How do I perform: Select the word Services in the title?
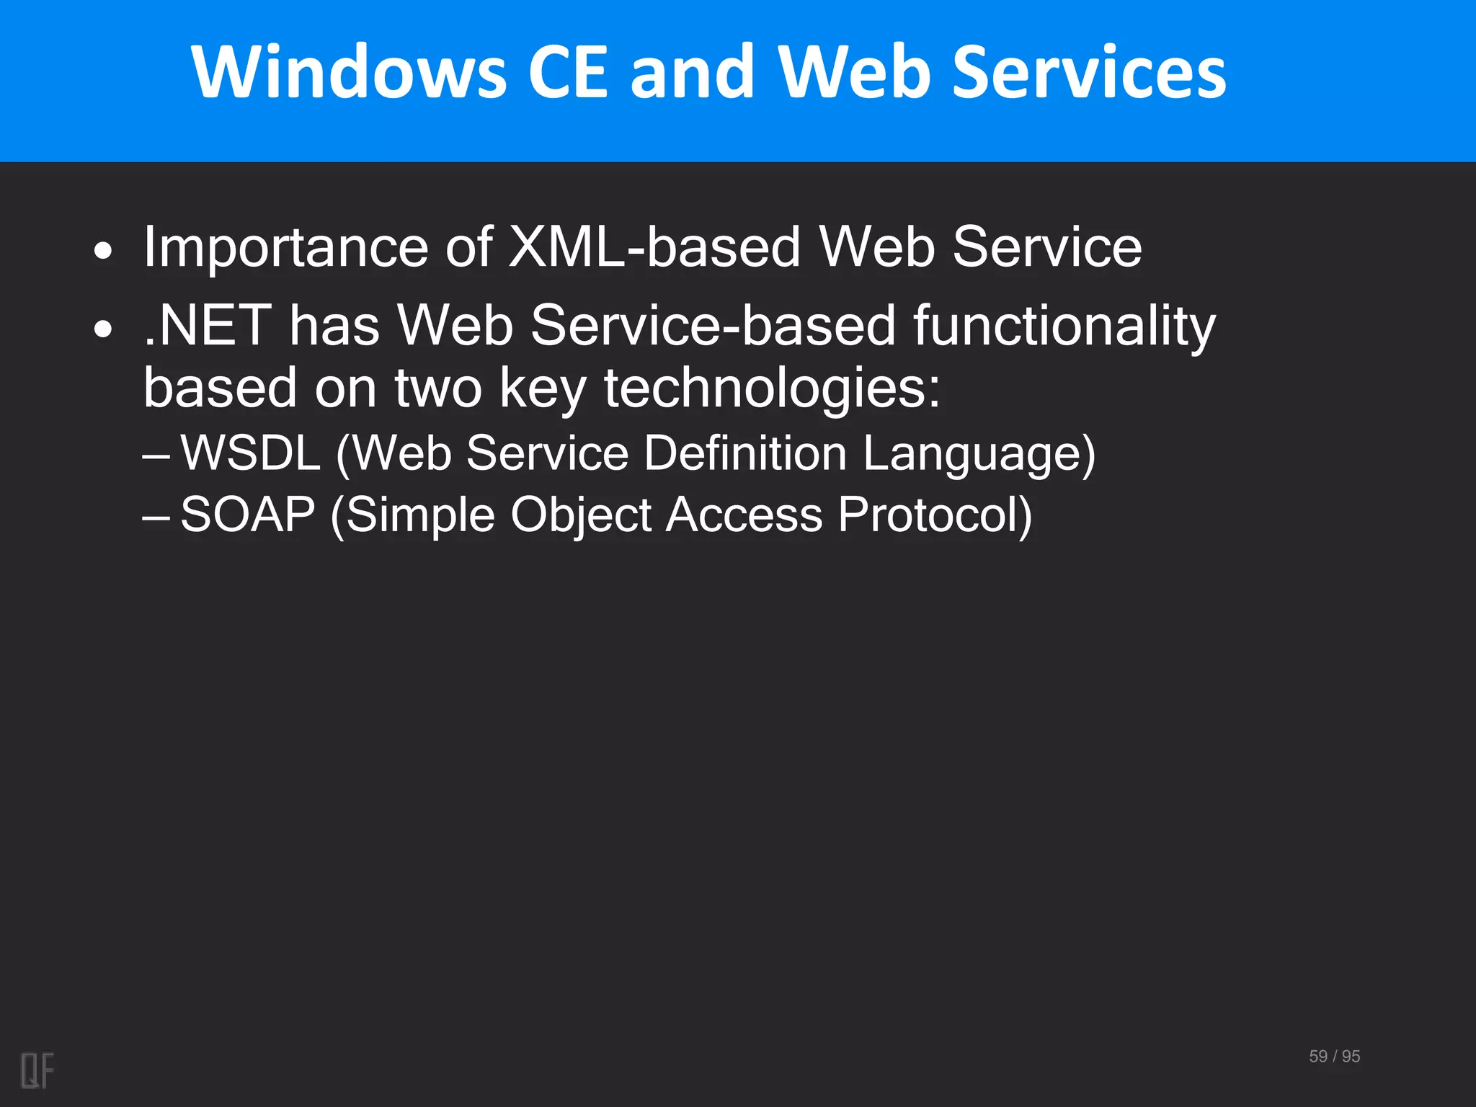1088,72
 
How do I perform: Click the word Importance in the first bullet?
286,247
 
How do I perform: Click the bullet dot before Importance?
104,252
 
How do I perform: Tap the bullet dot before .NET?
104,329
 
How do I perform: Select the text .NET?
208,326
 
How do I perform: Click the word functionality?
1064,326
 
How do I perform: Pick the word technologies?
771,388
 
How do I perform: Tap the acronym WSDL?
250,453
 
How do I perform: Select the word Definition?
745,453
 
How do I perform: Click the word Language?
979,453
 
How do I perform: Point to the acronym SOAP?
248,515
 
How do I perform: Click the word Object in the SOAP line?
581,515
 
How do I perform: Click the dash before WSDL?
156,456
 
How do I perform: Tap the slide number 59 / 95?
1334,1056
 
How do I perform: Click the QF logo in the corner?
37,1070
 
